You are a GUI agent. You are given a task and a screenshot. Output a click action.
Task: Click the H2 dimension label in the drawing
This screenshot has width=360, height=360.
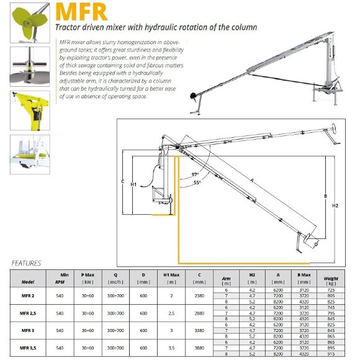(335, 205)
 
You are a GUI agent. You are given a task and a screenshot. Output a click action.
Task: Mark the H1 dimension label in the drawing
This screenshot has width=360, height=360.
(133, 184)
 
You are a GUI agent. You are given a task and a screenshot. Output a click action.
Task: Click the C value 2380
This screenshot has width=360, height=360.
(200, 296)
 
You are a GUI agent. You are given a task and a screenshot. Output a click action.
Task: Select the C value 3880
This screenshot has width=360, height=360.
(200, 348)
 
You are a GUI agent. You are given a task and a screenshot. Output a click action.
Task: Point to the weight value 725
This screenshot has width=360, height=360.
(331, 290)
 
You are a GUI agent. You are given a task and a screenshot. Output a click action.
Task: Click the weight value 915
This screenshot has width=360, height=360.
(331, 354)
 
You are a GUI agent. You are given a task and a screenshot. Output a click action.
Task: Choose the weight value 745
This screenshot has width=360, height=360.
(331, 308)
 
